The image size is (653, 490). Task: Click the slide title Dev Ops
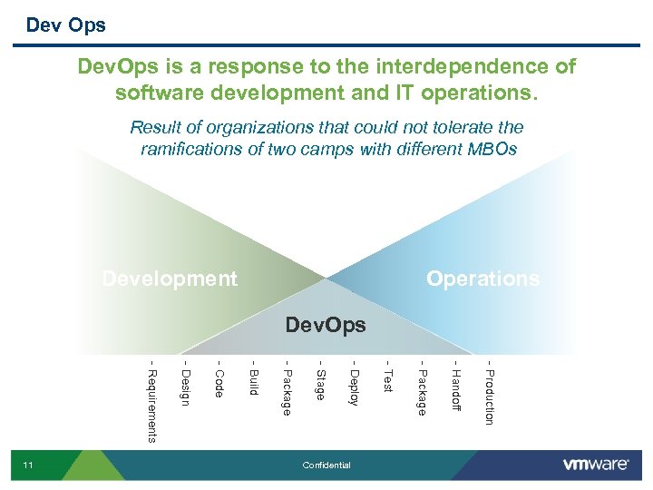65,25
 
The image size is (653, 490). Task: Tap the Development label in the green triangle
170,279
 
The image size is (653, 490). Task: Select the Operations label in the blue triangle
482,279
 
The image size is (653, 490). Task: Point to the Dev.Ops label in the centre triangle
326,325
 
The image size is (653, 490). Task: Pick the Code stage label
219,382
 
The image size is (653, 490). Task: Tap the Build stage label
253,382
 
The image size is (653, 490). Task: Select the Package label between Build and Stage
287,391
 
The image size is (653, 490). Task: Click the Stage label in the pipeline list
320,384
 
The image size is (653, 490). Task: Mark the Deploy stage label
355,387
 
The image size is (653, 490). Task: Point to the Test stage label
388,380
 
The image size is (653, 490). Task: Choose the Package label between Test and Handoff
422,391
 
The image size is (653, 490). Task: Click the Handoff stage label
455,389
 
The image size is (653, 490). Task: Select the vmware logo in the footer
596,465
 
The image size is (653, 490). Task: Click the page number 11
28,465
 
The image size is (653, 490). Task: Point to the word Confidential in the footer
326,465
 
